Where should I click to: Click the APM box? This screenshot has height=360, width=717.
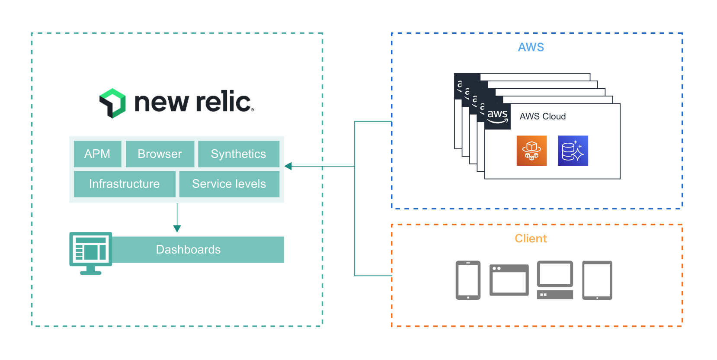click(97, 154)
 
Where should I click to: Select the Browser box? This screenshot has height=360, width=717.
click(160, 154)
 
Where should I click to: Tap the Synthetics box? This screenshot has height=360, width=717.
click(238, 154)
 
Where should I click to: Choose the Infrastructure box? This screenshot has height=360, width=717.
click(125, 184)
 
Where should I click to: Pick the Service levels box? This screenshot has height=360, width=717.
click(229, 184)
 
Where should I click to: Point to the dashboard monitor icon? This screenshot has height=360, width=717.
click(91, 253)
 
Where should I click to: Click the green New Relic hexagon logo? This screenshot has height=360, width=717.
click(112, 103)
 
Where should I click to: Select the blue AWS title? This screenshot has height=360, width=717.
click(531, 47)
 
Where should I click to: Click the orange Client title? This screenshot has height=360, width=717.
click(531, 238)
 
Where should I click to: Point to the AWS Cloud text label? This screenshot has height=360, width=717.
click(542, 116)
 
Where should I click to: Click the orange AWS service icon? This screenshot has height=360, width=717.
click(531, 151)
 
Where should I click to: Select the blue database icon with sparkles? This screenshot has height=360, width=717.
click(573, 151)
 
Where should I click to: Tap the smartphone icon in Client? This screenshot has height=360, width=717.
click(468, 280)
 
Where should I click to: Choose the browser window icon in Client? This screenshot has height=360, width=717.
click(509, 280)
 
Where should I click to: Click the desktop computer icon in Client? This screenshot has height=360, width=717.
click(555, 280)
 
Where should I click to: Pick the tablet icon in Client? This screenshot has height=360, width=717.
click(597, 280)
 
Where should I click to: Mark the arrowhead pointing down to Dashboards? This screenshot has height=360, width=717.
click(177, 228)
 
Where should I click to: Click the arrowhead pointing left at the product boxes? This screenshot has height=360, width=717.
click(288, 166)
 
